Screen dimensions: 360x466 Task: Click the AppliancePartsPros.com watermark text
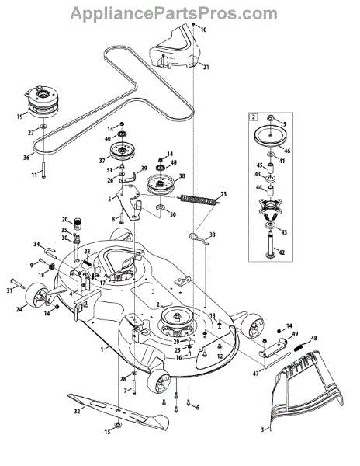point(174,12)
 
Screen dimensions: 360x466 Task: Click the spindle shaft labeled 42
point(271,246)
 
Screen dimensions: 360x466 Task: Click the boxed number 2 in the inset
point(254,116)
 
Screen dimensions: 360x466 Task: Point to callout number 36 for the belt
point(26,157)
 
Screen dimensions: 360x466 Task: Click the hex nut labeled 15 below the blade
point(118,425)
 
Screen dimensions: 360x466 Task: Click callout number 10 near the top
point(203,30)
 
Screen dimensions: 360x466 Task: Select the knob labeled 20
point(78,223)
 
